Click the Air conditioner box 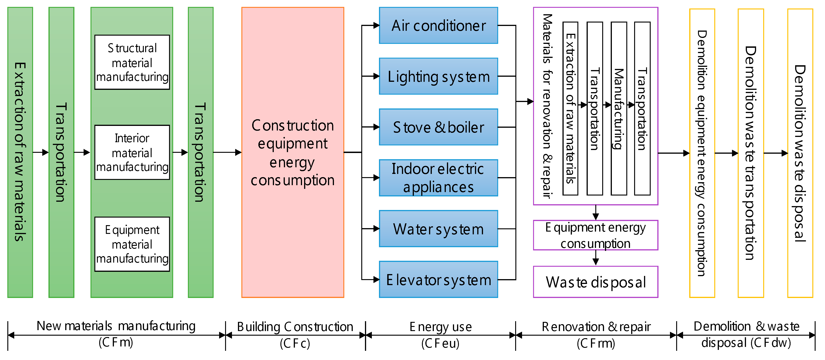(x=438, y=26)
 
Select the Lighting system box (x=438, y=76)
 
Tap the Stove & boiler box (x=438, y=127)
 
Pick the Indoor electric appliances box (x=438, y=178)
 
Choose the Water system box (x=438, y=229)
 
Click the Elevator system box (x=438, y=279)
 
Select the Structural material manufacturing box (x=132, y=62)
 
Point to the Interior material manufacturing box (x=132, y=153)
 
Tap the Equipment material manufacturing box (x=132, y=244)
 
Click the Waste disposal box (x=595, y=282)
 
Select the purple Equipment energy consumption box (x=595, y=235)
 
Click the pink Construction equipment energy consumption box (x=293, y=153)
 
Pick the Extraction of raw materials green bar (x=20, y=153)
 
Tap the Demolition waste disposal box (x=800, y=153)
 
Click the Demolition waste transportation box (x=750, y=153)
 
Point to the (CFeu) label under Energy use (x=440, y=343)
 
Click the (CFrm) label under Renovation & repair (x=596, y=343)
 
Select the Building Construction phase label (x=295, y=327)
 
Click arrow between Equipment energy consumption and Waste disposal (x=595, y=258)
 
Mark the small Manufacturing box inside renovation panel (x=619, y=108)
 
